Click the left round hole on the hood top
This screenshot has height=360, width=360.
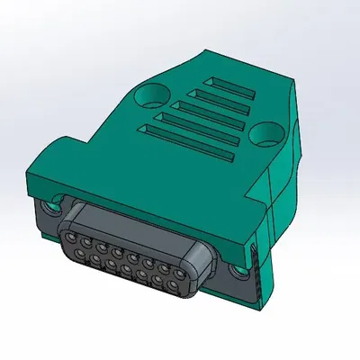click(152, 93)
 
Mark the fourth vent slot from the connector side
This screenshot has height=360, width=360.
click(215, 96)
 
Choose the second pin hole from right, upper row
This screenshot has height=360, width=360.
click(162, 267)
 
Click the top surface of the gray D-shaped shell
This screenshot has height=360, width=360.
click(135, 225)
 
